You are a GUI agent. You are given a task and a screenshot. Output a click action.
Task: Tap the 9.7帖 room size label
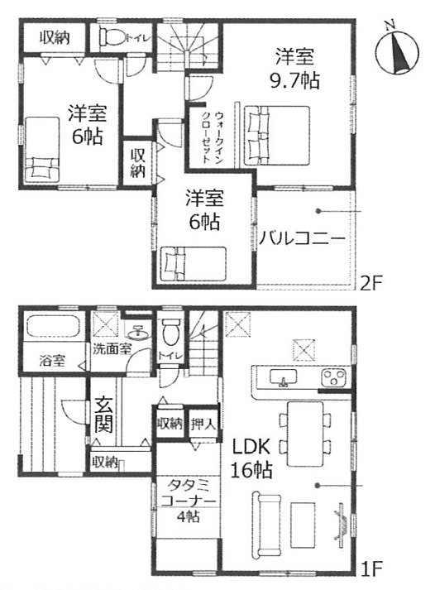point(295,80)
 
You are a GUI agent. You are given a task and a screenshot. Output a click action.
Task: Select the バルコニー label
point(303,238)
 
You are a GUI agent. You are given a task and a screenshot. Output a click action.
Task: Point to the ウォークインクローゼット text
point(213,137)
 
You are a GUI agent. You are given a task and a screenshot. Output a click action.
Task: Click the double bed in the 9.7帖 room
point(277,135)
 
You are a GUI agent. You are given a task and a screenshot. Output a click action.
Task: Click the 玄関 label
point(103,415)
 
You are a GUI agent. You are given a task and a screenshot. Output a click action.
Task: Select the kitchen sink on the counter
point(283,377)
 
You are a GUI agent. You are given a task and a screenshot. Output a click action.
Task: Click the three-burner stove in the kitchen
point(333,377)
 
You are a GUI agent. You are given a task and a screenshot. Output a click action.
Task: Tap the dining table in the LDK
point(305,434)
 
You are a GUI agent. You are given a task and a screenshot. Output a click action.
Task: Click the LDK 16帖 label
point(251,458)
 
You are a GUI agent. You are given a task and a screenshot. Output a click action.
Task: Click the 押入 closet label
point(203,425)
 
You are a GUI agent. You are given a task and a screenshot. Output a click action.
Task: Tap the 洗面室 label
point(112,350)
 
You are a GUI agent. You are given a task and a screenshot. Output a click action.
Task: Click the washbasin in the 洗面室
point(136,333)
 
